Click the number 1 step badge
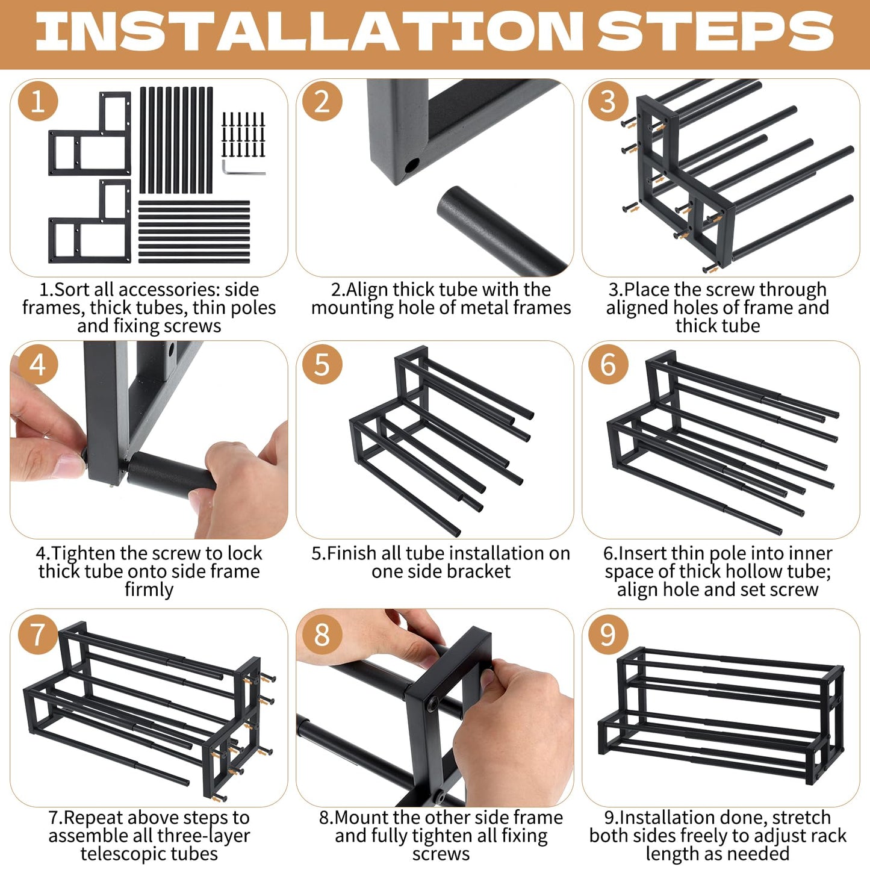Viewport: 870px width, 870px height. pyautogui.click(x=38, y=102)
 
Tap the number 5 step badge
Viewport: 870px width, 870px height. pyautogui.click(x=322, y=364)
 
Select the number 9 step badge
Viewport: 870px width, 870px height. pyautogui.click(x=608, y=634)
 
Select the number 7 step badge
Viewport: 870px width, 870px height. pyautogui.click(x=38, y=634)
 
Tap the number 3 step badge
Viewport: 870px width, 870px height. pyautogui.click(x=608, y=102)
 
